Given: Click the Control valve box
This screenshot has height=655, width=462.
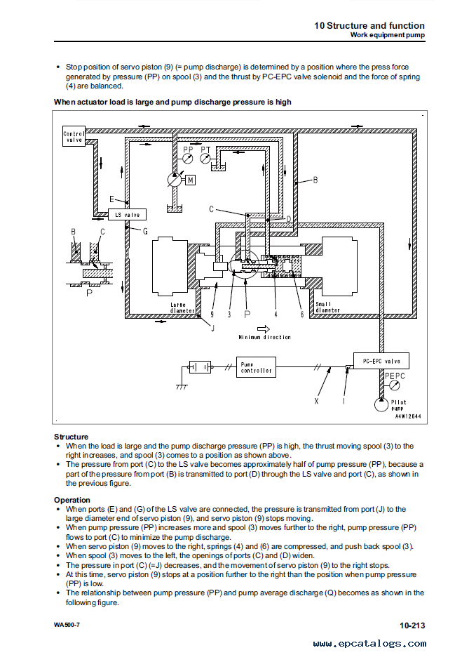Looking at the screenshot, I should (74, 136).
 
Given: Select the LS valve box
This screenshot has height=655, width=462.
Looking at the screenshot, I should (127, 214).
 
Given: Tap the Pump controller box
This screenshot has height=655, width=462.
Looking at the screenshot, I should (256, 366).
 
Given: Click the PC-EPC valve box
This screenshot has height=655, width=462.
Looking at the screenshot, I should (381, 361).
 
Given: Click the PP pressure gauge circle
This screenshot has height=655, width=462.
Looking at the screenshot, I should (187, 159).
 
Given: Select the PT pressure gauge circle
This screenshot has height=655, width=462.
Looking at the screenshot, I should (205, 159).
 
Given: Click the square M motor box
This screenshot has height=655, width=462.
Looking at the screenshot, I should (190, 180).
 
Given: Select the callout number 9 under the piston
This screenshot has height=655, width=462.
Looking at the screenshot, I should (212, 315).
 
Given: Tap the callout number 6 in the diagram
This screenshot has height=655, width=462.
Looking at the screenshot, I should (302, 315).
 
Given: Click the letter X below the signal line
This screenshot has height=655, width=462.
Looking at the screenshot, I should (316, 402).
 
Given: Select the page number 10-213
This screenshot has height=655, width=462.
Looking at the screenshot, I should (412, 625).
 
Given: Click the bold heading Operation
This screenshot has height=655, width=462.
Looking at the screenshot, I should (72, 500).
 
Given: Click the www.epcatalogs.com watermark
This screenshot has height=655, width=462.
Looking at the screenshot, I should (369, 644).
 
